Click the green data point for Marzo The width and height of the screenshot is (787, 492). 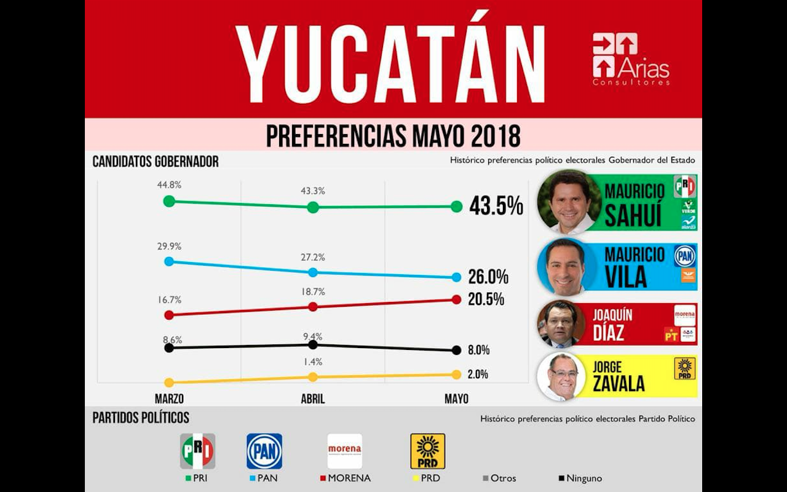pyautogui.click(x=169, y=201)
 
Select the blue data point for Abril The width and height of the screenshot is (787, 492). pyautogui.click(x=313, y=272)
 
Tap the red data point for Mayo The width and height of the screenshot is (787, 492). pyautogui.click(x=456, y=300)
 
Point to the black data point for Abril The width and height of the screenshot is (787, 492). pyautogui.click(x=313, y=344)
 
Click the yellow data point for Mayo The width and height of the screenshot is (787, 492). pyautogui.click(x=456, y=375)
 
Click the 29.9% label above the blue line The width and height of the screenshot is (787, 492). pyautogui.click(x=169, y=246)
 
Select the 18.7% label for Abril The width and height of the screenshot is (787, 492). pyautogui.click(x=313, y=292)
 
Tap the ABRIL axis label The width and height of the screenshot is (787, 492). pyautogui.click(x=313, y=399)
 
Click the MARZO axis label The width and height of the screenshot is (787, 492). pyautogui.click(x=169, y=399)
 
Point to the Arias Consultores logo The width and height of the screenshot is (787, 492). pyautogui.click(x=631, y=59)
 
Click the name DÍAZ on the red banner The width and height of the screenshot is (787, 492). pyautogui.click(x=609, y=333)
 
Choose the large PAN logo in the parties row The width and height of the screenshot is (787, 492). pyautogui.click(x=264, y=451)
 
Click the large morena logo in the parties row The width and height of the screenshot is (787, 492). pyautogui.click(x=344, y=451)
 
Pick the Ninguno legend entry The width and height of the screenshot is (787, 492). pyautogui.click(x=581, y=478)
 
